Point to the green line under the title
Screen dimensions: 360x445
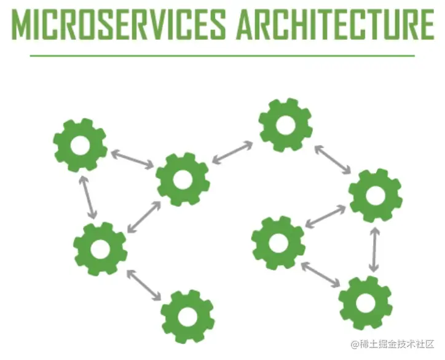(x=222, y=56)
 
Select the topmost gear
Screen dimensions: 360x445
(x=285, y=125)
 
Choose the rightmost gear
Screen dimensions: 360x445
(x=375, y=194)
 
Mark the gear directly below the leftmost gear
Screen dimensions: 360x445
(x=100, y=248)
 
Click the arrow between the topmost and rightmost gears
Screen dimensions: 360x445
(x=333, y=159)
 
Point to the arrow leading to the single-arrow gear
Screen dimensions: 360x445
(x=144, y=284)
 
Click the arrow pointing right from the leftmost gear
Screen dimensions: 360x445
(x=131, y=158)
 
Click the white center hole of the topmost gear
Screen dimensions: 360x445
(x=285, y=125)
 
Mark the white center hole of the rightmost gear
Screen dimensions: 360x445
(x=375, y=194)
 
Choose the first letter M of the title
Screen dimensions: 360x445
(x=23, y=25)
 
